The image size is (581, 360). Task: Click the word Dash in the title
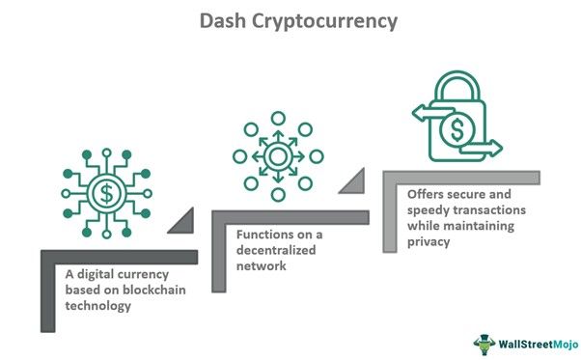click(222, 21)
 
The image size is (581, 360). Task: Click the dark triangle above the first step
click(181, 222)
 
